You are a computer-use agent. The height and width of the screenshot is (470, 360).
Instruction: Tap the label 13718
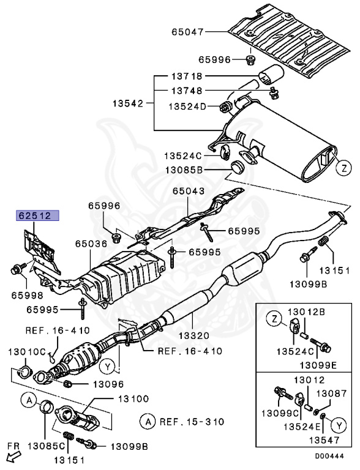(187, 78)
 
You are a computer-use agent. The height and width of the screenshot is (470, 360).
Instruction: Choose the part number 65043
(188, 191)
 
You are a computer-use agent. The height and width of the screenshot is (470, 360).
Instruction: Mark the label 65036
(92, 243)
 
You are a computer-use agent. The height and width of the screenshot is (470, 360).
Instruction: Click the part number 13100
(132, 398)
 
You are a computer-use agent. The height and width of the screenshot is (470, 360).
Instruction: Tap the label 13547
(321, 439)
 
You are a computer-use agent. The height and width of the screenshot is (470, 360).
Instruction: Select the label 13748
(187, 90)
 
